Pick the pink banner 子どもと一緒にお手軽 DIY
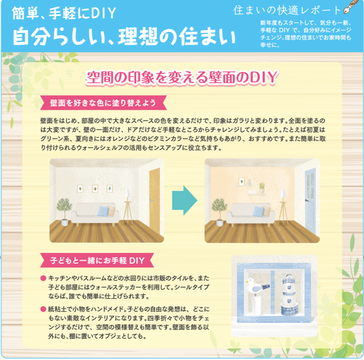[x=97, y=260]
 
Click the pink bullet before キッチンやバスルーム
[x=43, y=278]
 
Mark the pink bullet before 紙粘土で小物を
[x=43, y=309]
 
